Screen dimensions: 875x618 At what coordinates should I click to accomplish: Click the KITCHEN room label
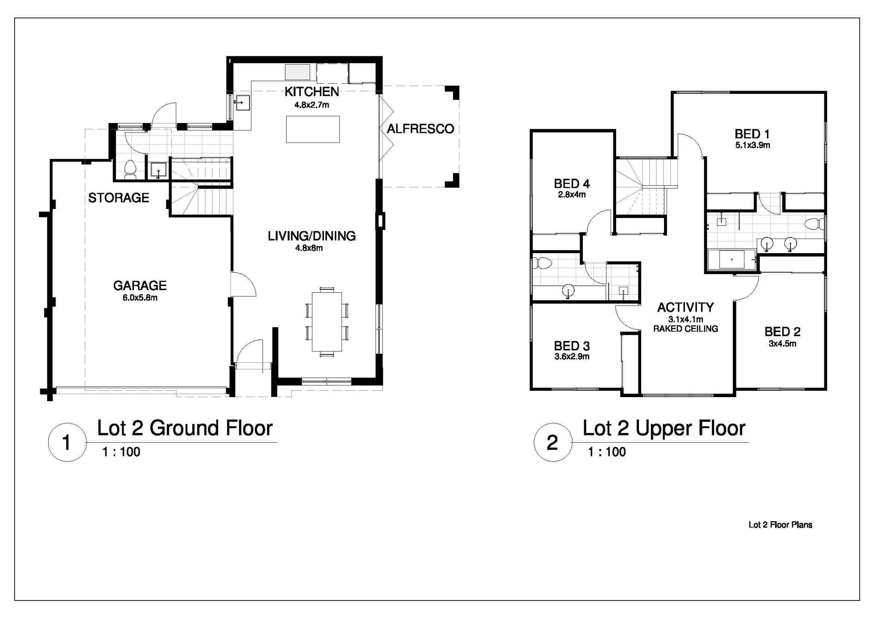[x=312, y=92]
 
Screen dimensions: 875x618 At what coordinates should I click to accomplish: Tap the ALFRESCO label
[x=420, y=129]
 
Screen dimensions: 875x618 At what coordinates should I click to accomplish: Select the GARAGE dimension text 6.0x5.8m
[x=140, y=298]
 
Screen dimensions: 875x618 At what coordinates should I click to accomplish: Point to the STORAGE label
[x=118, y=198]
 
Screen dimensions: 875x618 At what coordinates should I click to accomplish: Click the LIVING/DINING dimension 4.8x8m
[x=309, y=248]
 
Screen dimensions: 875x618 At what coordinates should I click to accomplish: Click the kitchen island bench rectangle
[x=313, y=129]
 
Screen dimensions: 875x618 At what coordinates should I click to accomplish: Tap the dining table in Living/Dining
[x=327, y=322]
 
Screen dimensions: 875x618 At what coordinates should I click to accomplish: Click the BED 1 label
[x=752, y=134]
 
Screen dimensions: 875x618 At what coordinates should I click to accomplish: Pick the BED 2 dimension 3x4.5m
[x=782, y=344]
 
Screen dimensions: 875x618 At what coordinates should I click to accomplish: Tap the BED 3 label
[x=572, y=346]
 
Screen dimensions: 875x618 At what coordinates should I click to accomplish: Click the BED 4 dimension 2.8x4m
[x=572, y=195]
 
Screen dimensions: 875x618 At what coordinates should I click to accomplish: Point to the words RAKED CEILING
[x=685, y=329]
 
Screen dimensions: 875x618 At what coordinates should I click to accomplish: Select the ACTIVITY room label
[x=685, y=307]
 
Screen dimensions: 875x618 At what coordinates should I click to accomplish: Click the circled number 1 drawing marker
[x=67, y=442]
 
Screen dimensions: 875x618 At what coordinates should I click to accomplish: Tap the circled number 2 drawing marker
[x=552, y=442]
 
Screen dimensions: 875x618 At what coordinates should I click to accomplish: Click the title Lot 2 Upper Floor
[x=664, y=428]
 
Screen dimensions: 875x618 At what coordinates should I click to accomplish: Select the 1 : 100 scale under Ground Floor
[x=121, y=452]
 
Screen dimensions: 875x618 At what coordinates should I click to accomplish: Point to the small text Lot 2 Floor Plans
[x=780, y=525]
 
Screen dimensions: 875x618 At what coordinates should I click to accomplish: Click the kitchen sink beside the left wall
[x=242, y=103]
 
